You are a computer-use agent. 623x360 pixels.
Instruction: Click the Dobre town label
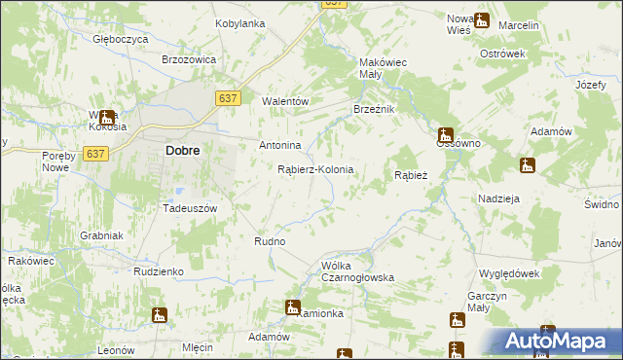183,151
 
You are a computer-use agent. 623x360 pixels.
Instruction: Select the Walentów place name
286,101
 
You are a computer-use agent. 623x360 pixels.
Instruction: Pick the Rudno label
269,241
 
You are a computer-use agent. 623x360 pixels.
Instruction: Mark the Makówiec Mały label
383,66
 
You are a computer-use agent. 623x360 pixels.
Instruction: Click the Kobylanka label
240,23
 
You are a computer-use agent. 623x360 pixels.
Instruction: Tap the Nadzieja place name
499,198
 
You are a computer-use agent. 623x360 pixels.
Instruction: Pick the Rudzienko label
160,271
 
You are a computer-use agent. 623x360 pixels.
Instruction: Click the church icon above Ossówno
445,134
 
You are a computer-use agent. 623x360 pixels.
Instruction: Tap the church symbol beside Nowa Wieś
481,19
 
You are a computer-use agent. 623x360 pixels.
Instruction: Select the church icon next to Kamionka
293,307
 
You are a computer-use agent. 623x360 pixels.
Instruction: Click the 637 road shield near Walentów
228,98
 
